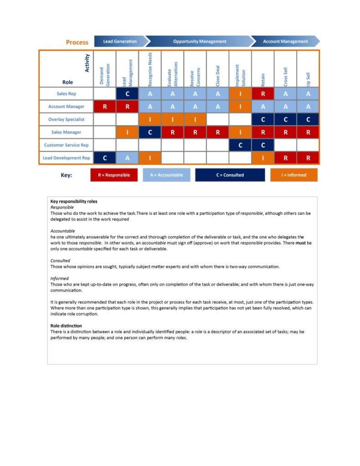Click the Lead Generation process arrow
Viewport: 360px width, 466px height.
(x=120, y=41)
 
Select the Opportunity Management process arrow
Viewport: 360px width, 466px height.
(x=199, y=41)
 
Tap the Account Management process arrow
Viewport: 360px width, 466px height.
(x=285, y=41)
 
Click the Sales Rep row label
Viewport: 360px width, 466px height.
(x=66, y=94)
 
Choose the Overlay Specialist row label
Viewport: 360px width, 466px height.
(x=66, y=119)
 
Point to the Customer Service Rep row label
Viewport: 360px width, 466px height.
(x=66, y=145)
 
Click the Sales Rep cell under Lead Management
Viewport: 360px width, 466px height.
(x=128, y=94)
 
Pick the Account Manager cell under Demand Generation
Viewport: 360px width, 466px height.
(x=105, y=107)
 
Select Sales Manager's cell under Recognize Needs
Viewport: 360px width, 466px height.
(x=150, y=132)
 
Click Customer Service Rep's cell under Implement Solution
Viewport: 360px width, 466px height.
(x=240, y=145)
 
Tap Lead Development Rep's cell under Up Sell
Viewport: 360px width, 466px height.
(x=308, y=158)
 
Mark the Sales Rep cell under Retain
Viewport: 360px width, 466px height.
(x=263, y=94)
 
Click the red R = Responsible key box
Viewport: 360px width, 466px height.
(x=114, y=175)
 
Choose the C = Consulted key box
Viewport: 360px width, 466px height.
(x=230, y=175)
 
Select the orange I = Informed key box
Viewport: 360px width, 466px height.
(x=294, y=175)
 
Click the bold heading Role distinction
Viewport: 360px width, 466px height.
(x=66, y=326)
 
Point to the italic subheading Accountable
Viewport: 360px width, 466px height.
(x=62, y=231)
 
